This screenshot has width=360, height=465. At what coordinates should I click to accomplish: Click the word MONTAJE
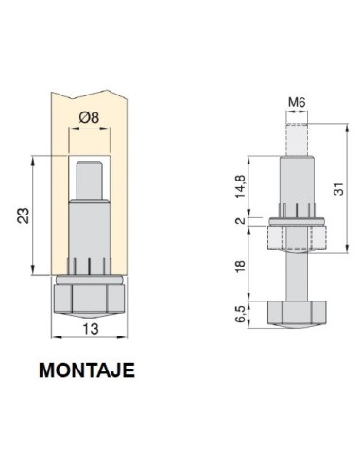coord(87,370)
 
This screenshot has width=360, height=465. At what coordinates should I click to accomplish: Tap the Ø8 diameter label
coord(89,117)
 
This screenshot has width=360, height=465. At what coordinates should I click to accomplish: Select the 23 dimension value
coord(24,215)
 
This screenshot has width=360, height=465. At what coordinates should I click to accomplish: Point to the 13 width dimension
coord(91,329)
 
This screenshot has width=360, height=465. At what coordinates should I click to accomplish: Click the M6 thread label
coord(297,102)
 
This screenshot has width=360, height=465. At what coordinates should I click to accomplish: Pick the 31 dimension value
coord(338,189)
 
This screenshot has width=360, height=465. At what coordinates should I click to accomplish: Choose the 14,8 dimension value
coord(241,186)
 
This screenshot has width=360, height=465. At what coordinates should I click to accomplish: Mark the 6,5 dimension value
coord(241,314)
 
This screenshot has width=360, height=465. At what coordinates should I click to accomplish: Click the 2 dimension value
coord(241,221)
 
